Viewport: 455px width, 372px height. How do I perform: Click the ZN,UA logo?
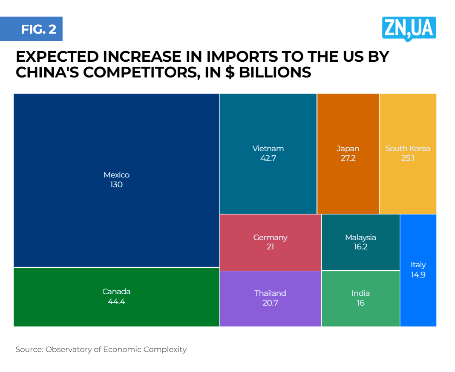click(x=409, y=29)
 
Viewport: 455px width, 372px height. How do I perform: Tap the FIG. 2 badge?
click(x=38, y=29)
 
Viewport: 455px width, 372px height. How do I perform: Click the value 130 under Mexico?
click(x=116, y=185)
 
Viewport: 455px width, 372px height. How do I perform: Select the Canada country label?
click(x=116, y=292)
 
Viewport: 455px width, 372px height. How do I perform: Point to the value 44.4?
click(x=116, y=302)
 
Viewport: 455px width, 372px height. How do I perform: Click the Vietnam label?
click(x=268, y=149)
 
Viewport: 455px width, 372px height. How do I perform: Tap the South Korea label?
click(x=408, y=149)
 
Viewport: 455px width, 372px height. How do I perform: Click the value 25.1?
click(x=408, y=158)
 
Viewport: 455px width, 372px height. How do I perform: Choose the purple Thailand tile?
click(x=270, y=315)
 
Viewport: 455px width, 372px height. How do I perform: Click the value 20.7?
click(x=270, y=303)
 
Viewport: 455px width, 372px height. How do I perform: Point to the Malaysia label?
click(x=360, y=238)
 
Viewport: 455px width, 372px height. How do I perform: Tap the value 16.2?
click(x=360, y=247)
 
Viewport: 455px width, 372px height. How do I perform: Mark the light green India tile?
click(x=360, y=315)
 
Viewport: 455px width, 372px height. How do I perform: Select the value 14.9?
click(x=418, y=275)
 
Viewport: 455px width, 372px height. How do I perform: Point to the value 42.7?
click(x=268, y=158)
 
